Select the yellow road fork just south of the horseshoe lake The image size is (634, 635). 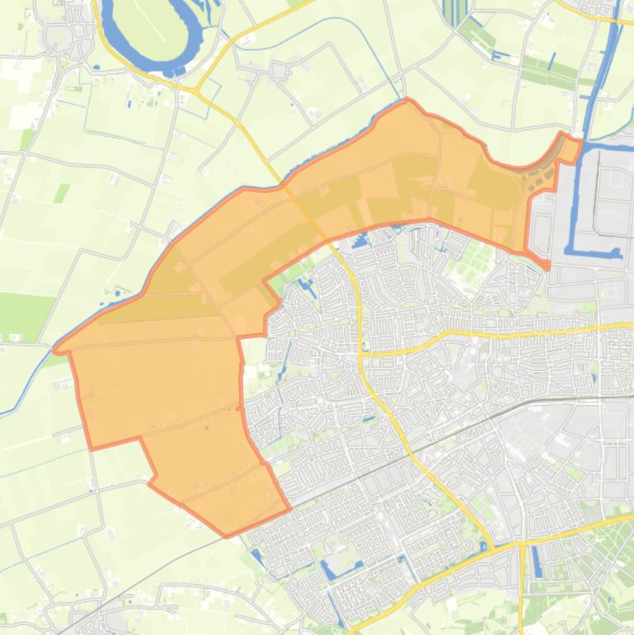click(x=198, y=87)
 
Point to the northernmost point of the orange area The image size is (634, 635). click(x=408, y=101)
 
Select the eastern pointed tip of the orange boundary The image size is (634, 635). click(x=547, y=267)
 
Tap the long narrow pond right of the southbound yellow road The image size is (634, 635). click(x=537, y=561)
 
